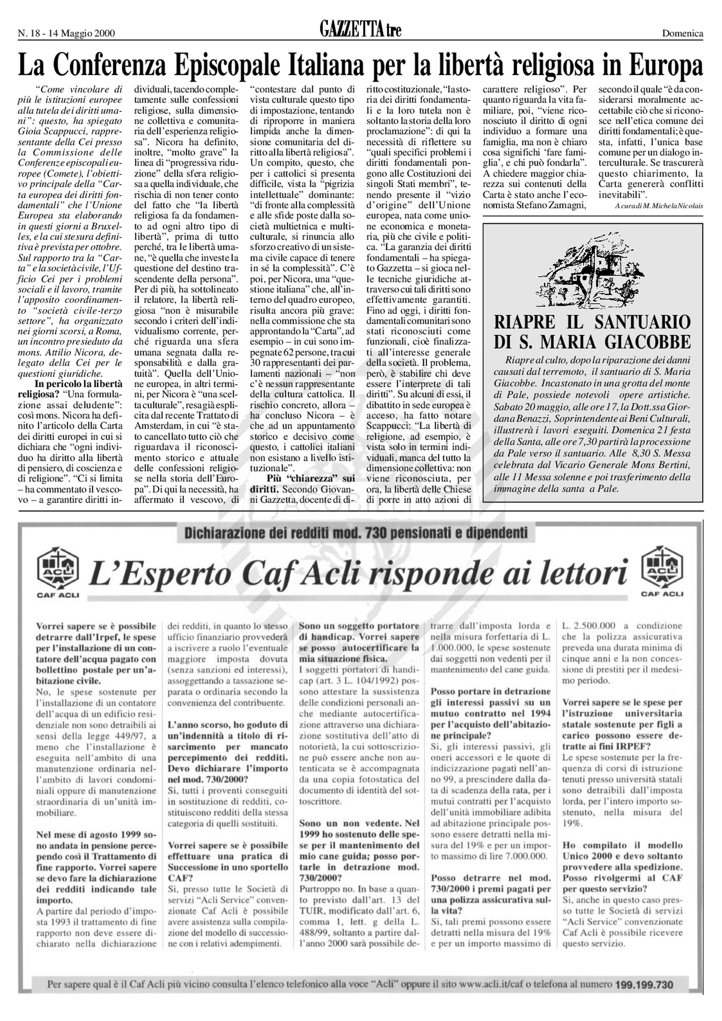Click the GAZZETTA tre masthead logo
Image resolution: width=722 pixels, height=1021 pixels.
(x=360, y=30)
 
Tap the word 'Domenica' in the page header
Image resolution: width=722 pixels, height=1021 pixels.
(x=682, y=33)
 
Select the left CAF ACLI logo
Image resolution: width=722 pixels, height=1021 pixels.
(x=58, y=570)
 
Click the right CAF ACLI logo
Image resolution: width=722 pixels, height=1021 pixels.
(x=662, y=570)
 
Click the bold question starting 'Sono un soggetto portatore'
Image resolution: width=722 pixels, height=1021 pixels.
(x=359, y=626)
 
